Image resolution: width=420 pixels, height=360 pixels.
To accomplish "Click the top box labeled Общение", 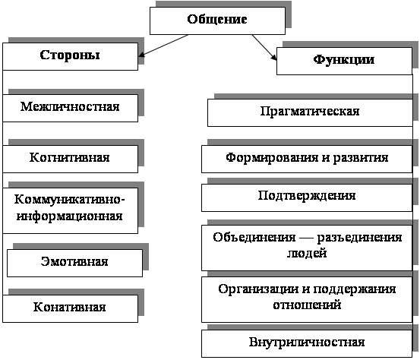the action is pos(217,21).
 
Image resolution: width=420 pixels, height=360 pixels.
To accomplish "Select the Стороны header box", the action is pos(70,56).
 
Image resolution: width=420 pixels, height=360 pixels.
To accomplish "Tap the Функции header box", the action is pos(344,61).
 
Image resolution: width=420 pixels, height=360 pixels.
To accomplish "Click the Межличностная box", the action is pos(70,108).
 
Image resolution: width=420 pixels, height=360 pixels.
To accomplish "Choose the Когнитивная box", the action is pos(70,159).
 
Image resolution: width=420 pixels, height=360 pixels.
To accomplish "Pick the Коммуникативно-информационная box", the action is pos(70,210).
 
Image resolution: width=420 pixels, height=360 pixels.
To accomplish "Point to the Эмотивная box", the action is pos(74,263).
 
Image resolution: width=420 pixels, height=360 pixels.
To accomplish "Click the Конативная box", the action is pos(70,308).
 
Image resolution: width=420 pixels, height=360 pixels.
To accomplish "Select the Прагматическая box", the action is pos(310,112).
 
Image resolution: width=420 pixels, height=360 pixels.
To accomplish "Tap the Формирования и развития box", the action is pos(307,159).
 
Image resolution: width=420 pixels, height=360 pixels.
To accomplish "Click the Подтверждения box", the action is pos(307,197).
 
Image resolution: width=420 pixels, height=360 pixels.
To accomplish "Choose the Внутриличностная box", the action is pos(307,343).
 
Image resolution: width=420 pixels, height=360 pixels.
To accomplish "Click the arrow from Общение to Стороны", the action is pos(163,46).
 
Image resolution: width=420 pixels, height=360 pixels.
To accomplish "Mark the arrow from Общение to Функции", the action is pos(264,47).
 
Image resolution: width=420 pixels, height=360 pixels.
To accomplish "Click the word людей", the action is pos(307,253).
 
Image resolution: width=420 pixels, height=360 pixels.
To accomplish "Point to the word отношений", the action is pos(307,305).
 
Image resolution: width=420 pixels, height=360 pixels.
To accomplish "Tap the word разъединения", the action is pos(359,238).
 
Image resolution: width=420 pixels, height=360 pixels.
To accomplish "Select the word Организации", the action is pos(257,289).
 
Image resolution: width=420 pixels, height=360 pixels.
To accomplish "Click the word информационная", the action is pos(70,216).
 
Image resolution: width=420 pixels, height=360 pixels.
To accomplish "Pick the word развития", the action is pos(361,158).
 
